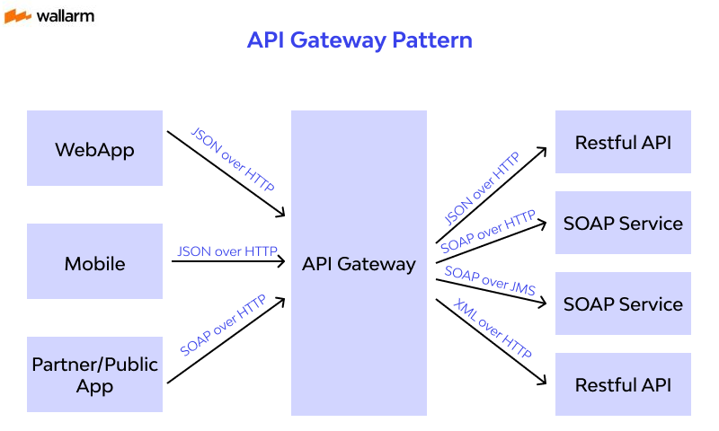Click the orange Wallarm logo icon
click(18, 16)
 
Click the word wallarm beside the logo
click(65, 16)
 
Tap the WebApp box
click(94, 148)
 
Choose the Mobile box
click(94, 262)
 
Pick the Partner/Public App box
click(94, 374)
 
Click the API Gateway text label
click(359, 264)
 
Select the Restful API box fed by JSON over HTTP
click(623, 142)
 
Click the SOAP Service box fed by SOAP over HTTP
click(623, 223)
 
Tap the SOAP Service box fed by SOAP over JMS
click(623, 303)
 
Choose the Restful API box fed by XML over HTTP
click(623, 384)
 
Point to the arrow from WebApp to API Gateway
click(225, 175)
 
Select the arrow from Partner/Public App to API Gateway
click(225, 341)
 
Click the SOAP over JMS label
click(490, 280)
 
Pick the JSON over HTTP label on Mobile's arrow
click(227, 251)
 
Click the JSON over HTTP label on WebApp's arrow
click(233, 159)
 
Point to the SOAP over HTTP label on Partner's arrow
click(223, 325)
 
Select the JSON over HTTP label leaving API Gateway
click(482, 189)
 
